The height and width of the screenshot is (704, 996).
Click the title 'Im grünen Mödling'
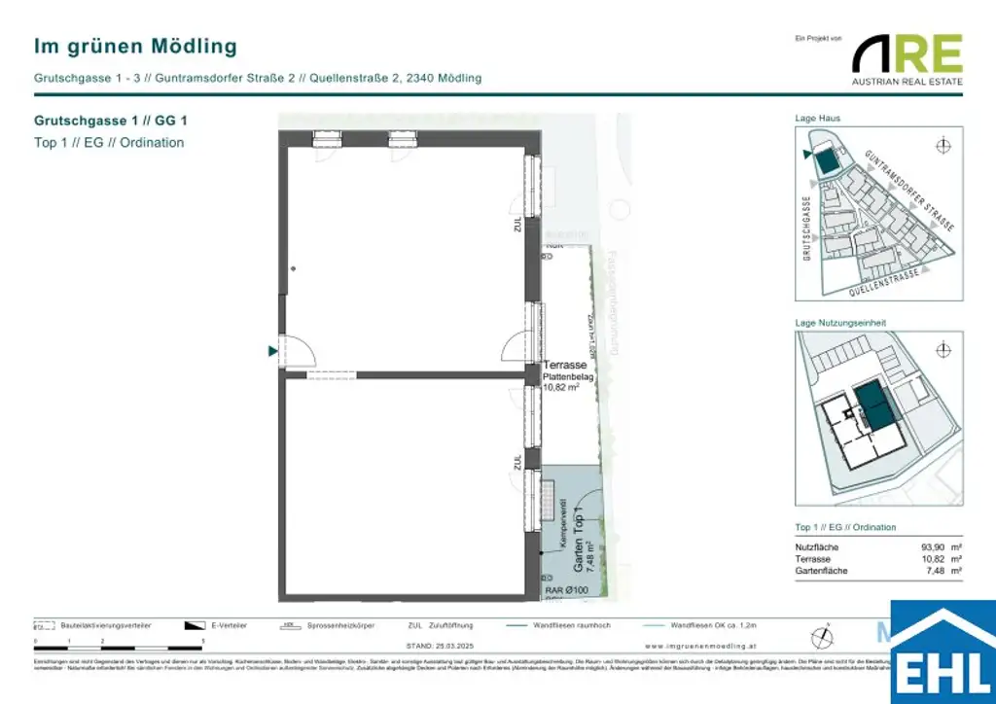pyautogui.click(x=135, y=47)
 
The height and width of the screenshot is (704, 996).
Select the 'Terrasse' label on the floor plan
pyautogui.click(x=565, y=365)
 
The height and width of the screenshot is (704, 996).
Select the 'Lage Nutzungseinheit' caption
pyautogui.click(x=840, y=323)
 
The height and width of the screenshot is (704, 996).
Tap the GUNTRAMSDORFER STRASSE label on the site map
pyautogui.click(x=909, y=189)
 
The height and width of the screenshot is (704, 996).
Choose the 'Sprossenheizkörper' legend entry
pyautogui.click(x=339, y=626)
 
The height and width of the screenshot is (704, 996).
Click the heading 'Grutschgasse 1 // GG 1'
pyautogui.click(x=110, y=122)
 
